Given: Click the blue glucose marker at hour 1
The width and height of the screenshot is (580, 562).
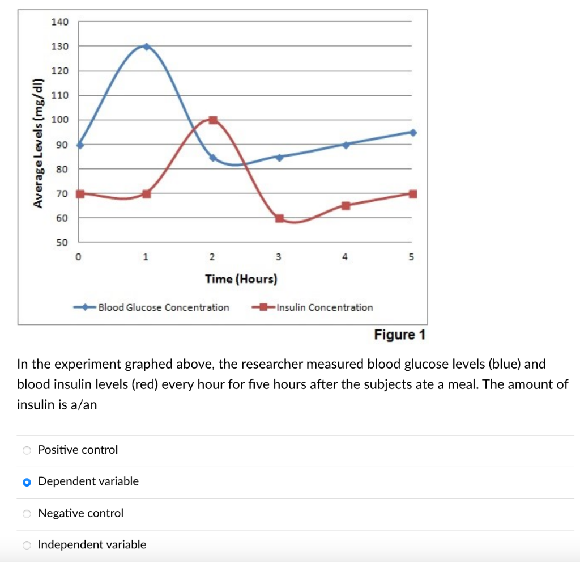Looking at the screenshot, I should (x=147, y=47).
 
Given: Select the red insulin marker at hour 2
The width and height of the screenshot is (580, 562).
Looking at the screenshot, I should (x=213, y=120).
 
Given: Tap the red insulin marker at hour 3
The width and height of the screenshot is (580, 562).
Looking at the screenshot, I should (x=279, y=218).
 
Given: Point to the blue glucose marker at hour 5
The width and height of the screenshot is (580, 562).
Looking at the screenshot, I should (x=413, y=132).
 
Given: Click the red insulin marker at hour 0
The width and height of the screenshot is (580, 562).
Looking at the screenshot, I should (x=80, y=193).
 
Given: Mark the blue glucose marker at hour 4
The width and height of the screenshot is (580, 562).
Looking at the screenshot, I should (x=346, y=145).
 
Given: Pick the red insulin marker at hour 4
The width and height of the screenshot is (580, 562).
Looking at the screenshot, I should (x=346, y=206).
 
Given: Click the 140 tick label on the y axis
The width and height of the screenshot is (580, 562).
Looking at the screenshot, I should (x=60, y=22).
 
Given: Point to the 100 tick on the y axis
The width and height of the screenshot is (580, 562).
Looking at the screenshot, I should (x=60, y=120).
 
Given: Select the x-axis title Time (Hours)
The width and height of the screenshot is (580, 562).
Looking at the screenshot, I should (x=241, y=279).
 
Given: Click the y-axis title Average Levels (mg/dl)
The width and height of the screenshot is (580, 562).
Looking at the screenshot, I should (x=38, y=142).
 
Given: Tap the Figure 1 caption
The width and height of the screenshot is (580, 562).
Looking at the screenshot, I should (x=399, y=335).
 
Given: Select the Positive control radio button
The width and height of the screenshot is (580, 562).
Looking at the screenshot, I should (x=27, y=450).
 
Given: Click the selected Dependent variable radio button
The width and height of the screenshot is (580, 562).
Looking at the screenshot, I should (x=27, y=482).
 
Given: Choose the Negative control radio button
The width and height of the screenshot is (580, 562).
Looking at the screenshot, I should (x=27, y=514).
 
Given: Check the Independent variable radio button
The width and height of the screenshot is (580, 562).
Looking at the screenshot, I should (x=27, y=546).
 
